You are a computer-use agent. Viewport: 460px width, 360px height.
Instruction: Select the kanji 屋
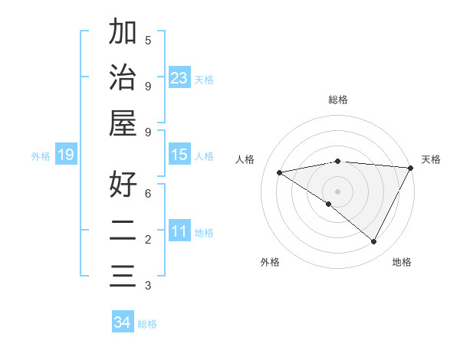tap(123, 123)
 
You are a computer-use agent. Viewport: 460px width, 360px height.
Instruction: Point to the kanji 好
tap(123, 185)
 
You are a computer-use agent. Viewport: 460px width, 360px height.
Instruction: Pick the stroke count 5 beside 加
tap(148, 40)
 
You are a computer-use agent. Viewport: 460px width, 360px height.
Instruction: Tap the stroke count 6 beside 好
tap(148, 193)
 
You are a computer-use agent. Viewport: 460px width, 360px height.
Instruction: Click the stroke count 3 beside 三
tap(148, 286)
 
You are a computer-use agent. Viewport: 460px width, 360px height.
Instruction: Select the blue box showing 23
tap(179, 78)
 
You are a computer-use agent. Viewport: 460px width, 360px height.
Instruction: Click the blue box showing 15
tap(179, 155)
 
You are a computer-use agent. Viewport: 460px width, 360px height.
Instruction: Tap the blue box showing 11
tap(179, 231)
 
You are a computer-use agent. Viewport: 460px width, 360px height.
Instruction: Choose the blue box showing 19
tap(66, 155)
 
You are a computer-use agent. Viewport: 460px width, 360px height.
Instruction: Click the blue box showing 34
tap(123, 322)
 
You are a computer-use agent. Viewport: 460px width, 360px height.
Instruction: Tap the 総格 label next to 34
tap(147, 324)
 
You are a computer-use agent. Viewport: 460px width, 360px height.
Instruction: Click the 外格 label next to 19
tap(41, 156)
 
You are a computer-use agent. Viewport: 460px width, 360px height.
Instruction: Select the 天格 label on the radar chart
tap(431, 159)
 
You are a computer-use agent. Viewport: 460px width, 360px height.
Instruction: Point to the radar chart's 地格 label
tap(402, 262)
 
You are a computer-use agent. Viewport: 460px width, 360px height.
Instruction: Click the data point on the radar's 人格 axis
tap(280, 172)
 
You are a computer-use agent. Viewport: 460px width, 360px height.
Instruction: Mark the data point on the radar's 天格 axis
tap(410, 168)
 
